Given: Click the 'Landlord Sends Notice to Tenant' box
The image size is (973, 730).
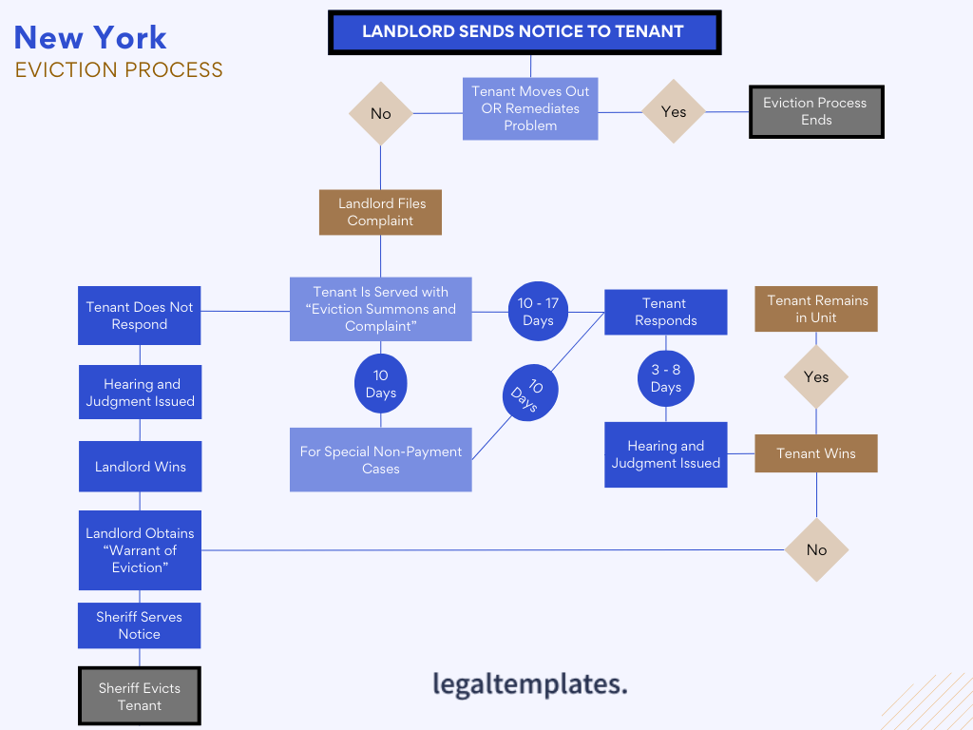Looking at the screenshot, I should [x=525, y=32].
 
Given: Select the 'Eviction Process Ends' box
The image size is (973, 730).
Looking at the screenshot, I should [x=815, y=112].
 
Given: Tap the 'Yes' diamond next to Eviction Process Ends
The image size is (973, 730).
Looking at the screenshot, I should [x=673, y=112].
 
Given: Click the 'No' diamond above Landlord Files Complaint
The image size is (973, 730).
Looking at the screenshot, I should [x=380, y=114].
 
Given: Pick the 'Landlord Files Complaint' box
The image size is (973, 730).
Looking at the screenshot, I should [x=381, y=212].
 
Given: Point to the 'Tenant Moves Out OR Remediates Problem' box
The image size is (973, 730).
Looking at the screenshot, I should [x=530, y=108].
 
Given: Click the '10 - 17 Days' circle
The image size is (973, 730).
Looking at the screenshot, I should [x=538, y=312].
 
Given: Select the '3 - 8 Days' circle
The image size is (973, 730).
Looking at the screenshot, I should [x=665, y=378].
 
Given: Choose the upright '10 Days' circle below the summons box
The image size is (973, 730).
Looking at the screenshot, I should [x=380, y=384].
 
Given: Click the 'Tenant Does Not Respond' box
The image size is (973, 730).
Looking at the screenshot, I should [x=140, y=316].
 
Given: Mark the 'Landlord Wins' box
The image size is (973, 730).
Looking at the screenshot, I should [x=141, y=467].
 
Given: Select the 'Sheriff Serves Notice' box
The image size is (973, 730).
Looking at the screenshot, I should [x=139, y=625].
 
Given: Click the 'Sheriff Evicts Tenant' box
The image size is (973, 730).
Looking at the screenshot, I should [x=140, y=697].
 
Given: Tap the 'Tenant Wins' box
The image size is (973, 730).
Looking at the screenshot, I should [x=815, y=453].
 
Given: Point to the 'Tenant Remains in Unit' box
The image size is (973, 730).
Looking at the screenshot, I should [x=816, y=309].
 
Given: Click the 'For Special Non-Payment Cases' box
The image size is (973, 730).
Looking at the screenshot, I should [x=380, y=460].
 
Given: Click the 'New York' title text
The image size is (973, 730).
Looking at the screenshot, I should [x=90, y=38].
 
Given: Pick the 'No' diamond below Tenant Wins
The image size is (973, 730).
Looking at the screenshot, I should [x=816, y=549].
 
